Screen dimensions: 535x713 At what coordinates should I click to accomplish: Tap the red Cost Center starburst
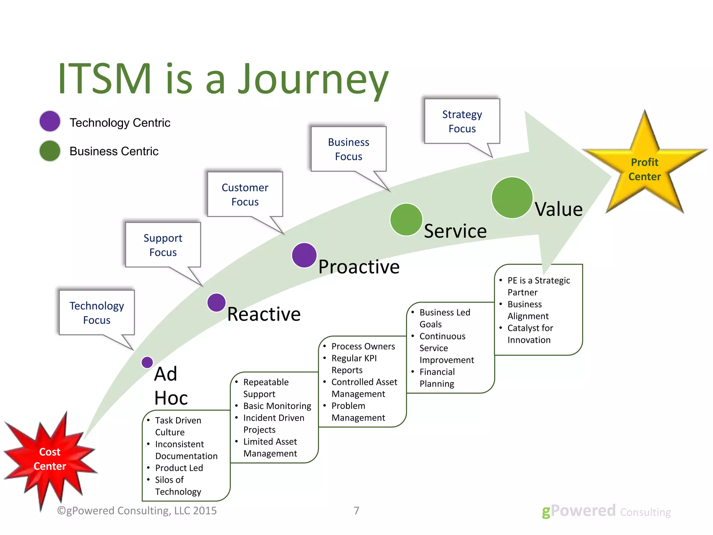point(50,459)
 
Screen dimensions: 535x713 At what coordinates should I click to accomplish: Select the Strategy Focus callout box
point(462,121)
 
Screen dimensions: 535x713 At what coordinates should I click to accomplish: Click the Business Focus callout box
point(348,149)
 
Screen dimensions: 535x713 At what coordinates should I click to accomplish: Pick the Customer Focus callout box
point(245,194)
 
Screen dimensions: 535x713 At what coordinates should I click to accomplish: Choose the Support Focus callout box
point(163,245)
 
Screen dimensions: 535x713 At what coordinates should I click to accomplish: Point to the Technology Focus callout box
point(97,312)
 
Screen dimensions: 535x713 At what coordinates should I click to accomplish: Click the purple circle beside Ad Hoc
point(147,362)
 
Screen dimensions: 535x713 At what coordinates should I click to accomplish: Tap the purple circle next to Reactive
point(216,302)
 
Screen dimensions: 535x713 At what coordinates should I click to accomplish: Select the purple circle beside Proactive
point(304,255)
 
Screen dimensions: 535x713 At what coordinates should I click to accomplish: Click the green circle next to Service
point(406,220)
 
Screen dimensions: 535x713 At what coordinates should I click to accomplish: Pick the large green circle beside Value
point(512,197)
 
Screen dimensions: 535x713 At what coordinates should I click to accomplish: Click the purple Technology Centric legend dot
point(50,121)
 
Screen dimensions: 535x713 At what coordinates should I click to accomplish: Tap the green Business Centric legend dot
point(50,151)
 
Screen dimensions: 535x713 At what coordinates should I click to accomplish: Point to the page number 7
point(356,511)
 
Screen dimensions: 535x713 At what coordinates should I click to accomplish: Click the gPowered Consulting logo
point(606,511)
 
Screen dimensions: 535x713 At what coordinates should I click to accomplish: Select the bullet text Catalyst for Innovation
point(530,334)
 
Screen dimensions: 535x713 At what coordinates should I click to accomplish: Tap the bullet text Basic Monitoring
point(277,406)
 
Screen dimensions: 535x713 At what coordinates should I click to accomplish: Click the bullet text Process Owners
point(363,346)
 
